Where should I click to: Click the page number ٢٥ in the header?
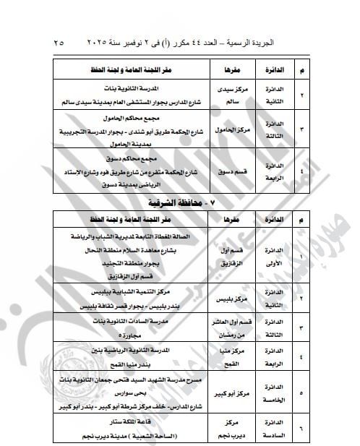coord(59,43)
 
